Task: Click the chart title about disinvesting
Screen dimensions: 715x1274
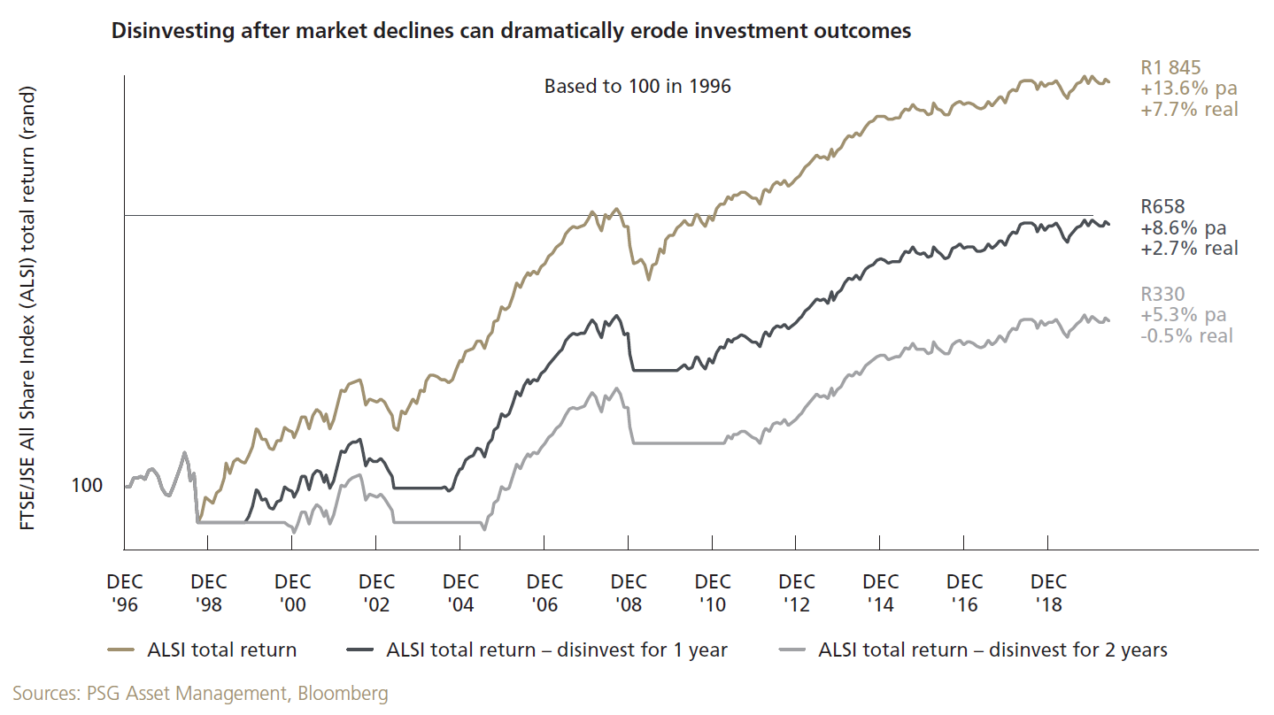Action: pyautogui.click(x=510, y=32)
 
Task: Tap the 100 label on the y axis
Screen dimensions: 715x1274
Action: pyautogui.click(x=87, y=486)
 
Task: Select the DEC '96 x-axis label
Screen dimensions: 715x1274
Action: pyautogui.click(x=124, y=593)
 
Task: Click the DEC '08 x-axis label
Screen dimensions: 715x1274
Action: pyautogui.click(x=629, y=593)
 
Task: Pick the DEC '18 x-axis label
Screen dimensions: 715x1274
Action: pyautogui.click(x=1049, y=593)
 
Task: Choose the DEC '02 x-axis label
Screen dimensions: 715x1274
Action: pyautogui.click(x=376, y=593)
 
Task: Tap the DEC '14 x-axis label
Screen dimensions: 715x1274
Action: pyautogui.click(x=881, y=593)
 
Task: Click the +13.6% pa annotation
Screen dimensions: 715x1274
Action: pyautogui.click(x=1187, y=88)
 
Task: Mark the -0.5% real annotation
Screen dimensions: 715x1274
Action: pyautogui.click(x=1185, y=335)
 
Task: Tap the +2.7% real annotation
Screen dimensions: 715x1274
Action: pyautogui.click(x=1188, y=248)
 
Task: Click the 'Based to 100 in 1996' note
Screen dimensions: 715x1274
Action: pyautogui.click(x=637, y=87)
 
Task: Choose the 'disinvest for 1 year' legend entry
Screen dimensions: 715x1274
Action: pyautogui.click(x=557, y=650)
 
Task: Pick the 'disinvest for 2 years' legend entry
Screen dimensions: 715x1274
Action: pyautogui.click(x=992, y=650)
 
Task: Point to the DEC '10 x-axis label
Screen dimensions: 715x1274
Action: pyautogui.click(x=713, y=593)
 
